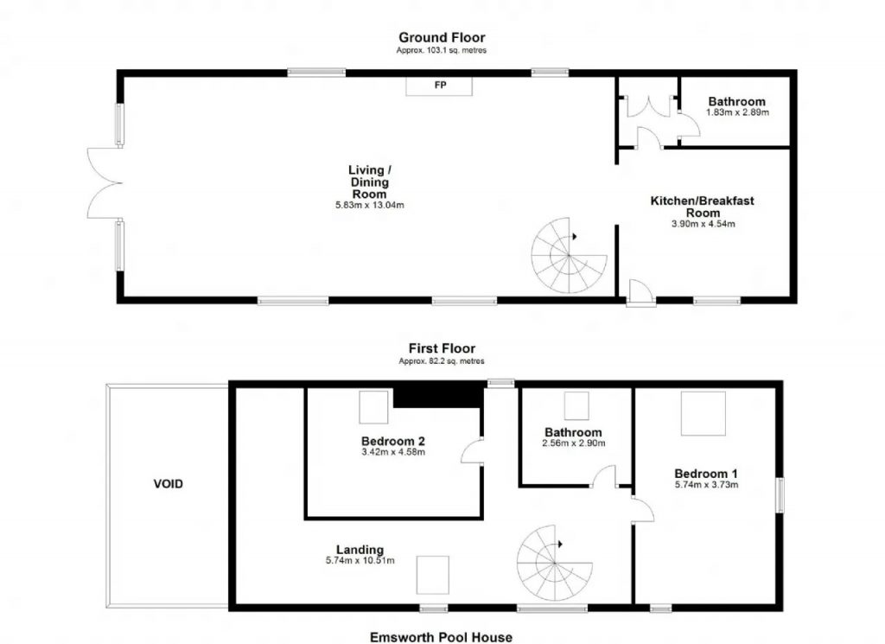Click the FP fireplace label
tap(440, 86)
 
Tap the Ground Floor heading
tap(442, 37)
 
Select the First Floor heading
tap(442, 348)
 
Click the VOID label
tap(169, 484)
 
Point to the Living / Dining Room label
tap(370, 182)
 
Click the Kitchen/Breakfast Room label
tap(702, 207)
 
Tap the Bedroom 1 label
tap(705, 474)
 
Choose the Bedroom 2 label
tap(393, 442)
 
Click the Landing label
tap(360, 550)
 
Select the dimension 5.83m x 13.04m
tap(370, 206)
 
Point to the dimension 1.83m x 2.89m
tap(737, 112)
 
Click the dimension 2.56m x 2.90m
tap(574, 443)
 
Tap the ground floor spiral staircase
tap(569, 256)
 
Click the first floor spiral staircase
tap(554, 564)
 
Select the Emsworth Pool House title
tap(441, 637)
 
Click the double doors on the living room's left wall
tap(105, 183)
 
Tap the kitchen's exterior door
tap(640, 293)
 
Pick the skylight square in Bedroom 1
tap(703, 413)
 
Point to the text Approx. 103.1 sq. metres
tap(442, 50)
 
